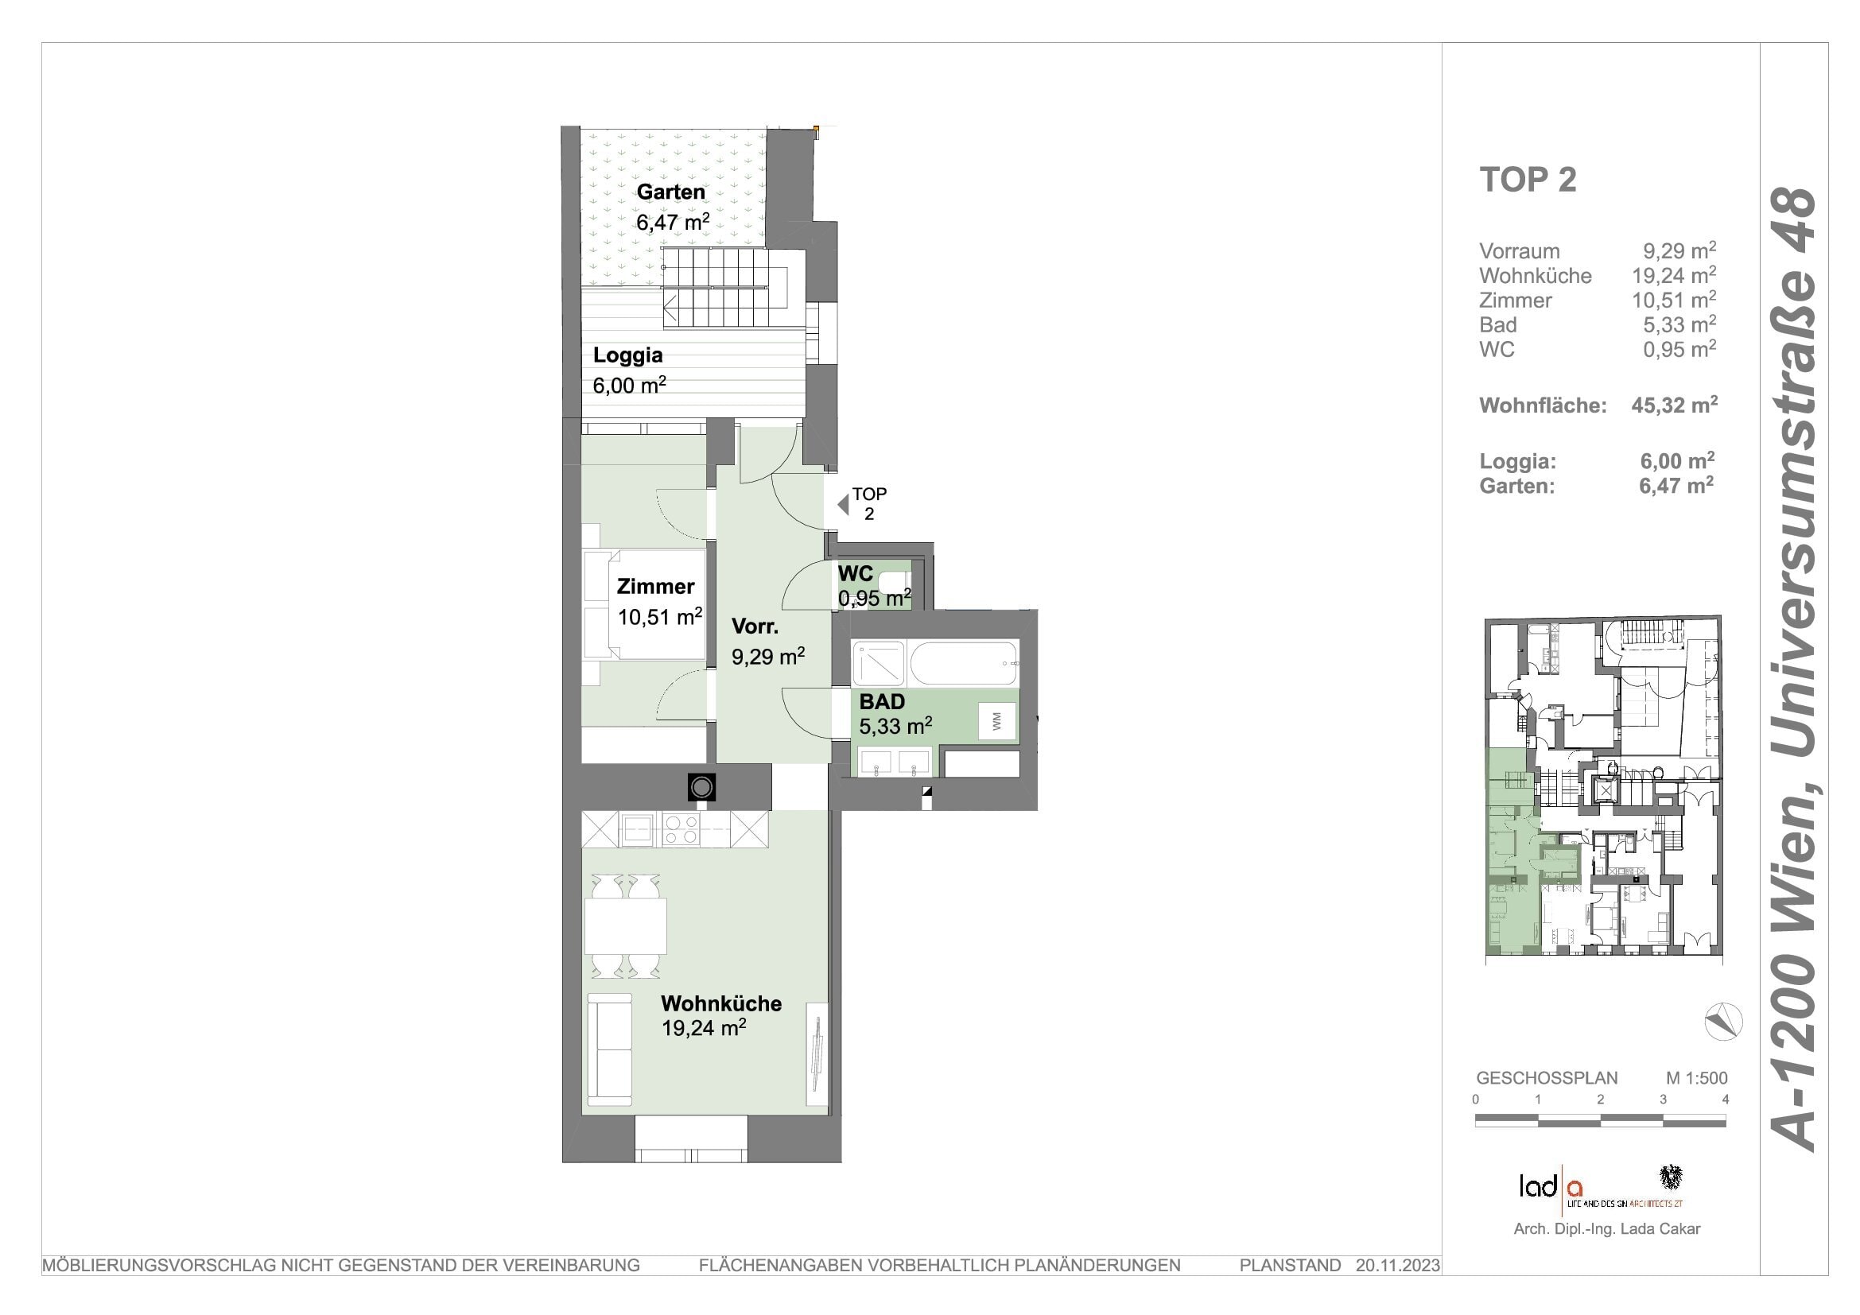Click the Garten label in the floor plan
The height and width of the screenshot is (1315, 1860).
[x=671, y=192]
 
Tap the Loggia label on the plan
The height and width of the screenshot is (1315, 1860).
[x=628, y=355]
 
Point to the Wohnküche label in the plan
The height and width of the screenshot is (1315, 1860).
[x=721, y=1003]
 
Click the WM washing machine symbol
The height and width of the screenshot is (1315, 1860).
[x=996, y=720]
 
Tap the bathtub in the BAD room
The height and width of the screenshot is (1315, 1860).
[x=963, y=664]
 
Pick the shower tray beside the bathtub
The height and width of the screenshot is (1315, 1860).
[x=878, y=664]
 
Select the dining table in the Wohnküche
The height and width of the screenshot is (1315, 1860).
[x=625, y=925]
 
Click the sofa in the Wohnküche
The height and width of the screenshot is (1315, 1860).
[x=610, y=1049]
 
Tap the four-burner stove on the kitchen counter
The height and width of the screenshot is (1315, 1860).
[x=681, y=830]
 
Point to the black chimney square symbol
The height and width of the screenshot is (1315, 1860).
[x=701, y=787]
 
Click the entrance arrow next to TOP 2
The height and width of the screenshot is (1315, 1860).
[x=843, y=505]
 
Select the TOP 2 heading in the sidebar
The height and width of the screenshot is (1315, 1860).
[x=1528, y=180]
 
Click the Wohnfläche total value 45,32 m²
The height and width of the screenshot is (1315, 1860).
[x=1675, y=405]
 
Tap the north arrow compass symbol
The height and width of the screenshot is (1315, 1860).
[x=1723, y=1022]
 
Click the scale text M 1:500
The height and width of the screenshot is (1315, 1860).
[x=1696, y=1078]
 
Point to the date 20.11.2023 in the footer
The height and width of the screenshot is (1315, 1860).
[x=1398, y=1265]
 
